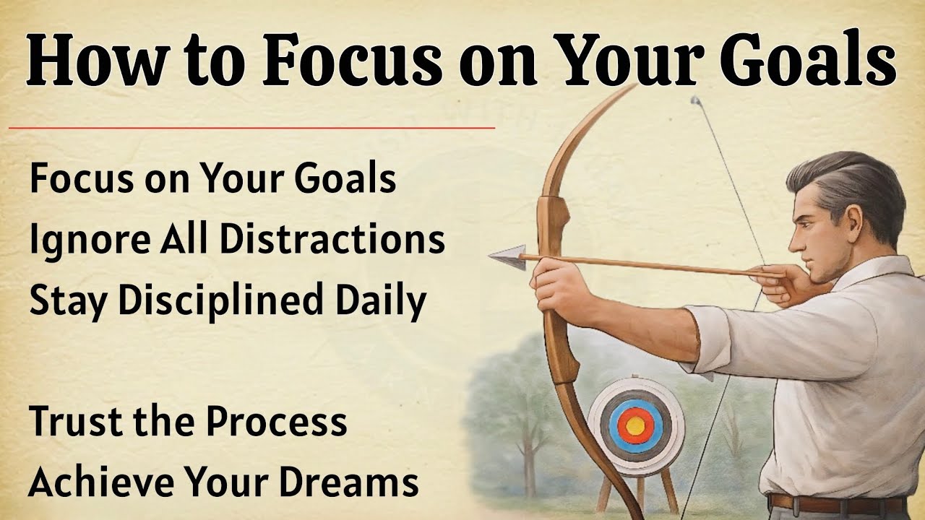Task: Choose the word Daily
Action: pos(384,301)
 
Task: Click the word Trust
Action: pos(72,422)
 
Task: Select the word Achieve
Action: pos(91,481)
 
